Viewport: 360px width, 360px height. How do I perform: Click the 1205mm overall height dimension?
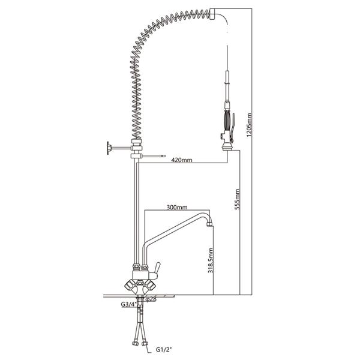[249, 125]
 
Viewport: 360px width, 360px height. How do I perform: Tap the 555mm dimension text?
[237, 199]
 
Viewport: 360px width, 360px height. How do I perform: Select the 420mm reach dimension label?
[182, 160]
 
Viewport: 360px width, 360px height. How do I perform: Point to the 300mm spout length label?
[177, 208]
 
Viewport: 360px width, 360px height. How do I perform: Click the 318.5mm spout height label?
[211, 260]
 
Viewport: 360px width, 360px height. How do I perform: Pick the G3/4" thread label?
[128, 304]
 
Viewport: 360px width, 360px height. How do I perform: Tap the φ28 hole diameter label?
[151, 299]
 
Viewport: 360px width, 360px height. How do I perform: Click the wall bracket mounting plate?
[108, 148]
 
